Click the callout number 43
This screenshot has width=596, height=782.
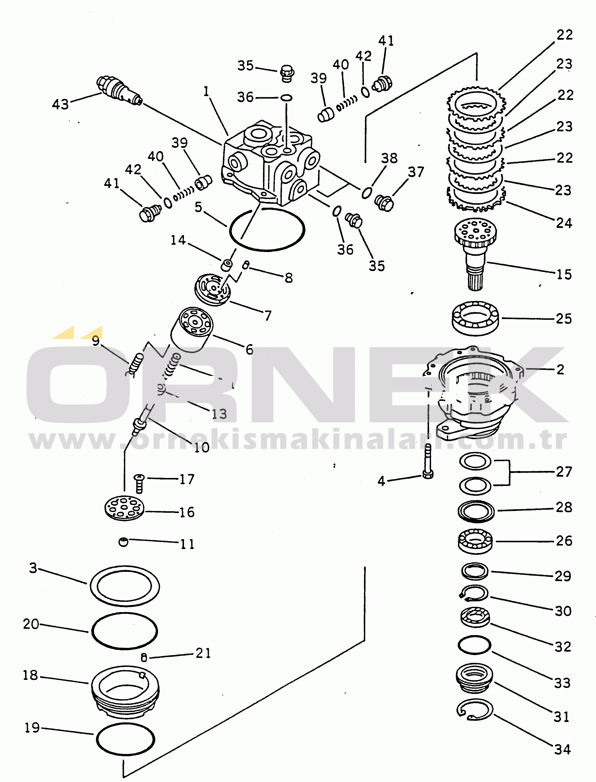(x=60, y=104)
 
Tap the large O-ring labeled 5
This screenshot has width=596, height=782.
(x=267, y=229)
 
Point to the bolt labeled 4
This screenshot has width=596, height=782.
(x=428, y=461)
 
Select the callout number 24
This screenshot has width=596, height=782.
(x=564, y=223)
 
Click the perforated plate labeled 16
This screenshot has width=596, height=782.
(x=124, y=508)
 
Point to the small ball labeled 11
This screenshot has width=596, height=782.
(x=123, y=542)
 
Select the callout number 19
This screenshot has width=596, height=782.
(x=32, y=728)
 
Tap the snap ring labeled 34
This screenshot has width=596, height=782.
(x=475, y=710)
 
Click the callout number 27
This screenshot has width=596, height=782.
(x=564, y=472)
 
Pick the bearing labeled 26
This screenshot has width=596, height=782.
(x=475, y=541)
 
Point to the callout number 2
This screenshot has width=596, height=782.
(x=560, y=369)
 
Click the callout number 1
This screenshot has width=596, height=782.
(x=206, y=91)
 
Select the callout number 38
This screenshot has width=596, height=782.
(x=389, y=158)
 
